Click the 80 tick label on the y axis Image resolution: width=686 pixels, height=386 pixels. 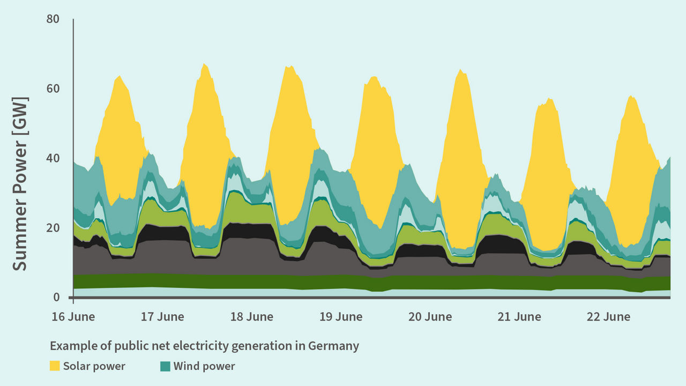[x=53, y=19]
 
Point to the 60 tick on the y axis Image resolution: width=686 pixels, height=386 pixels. [x=53, y=88]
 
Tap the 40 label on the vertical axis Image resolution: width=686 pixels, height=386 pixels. [x=53, y=158]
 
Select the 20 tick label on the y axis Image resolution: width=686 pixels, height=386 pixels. [x=53, y=228]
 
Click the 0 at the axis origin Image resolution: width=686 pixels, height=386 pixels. [x=56, y=298]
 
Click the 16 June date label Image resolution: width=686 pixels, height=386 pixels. [x=73, y=317]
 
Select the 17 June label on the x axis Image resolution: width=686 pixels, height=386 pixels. [x=162, y=317]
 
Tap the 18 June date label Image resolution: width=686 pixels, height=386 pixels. [x=251, y=317]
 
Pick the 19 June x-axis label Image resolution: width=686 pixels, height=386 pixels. [x=341, y=317]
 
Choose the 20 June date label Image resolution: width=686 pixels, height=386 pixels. [x=430, y=317]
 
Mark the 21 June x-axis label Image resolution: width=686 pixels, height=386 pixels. [x=519, y=317]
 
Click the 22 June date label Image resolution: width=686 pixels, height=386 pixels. [x=608, y=317]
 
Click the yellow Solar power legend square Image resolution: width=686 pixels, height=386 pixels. [x=55, y=366]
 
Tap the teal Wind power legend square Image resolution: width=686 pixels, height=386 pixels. [x=165, y=366]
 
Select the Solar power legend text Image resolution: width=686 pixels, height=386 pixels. [x=94, y=366]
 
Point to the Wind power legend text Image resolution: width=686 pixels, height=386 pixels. [x=204, y=366]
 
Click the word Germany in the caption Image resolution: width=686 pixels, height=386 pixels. [x=333, y=346]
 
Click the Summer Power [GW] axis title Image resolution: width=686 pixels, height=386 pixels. [x=20, y=184]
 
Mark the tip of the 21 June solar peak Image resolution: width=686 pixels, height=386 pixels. [x=548, y=99]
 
